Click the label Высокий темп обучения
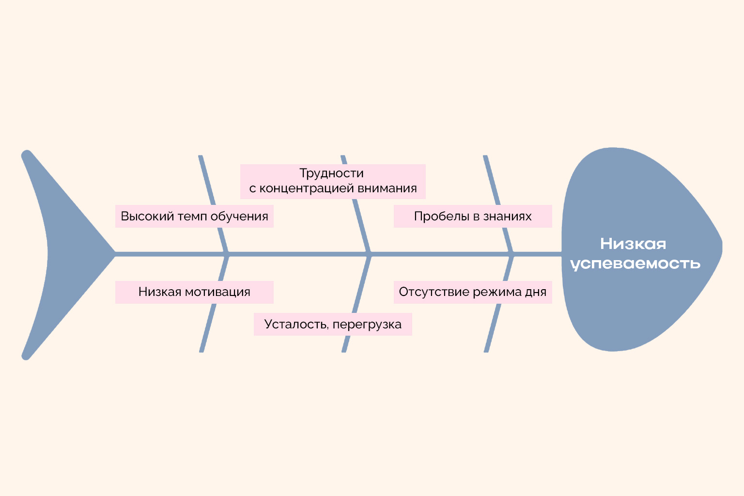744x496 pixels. [x=194, y=216]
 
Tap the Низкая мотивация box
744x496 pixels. [x=194, y=292]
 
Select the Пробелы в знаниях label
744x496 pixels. [x=473, y=216]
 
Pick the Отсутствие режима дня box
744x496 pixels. [x=473, y=292]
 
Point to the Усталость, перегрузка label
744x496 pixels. [x=333, y=324]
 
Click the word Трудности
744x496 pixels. [x=331, y=173]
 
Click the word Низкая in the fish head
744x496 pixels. [x=633, y=244]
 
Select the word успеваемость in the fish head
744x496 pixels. [x=635, y=263]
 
